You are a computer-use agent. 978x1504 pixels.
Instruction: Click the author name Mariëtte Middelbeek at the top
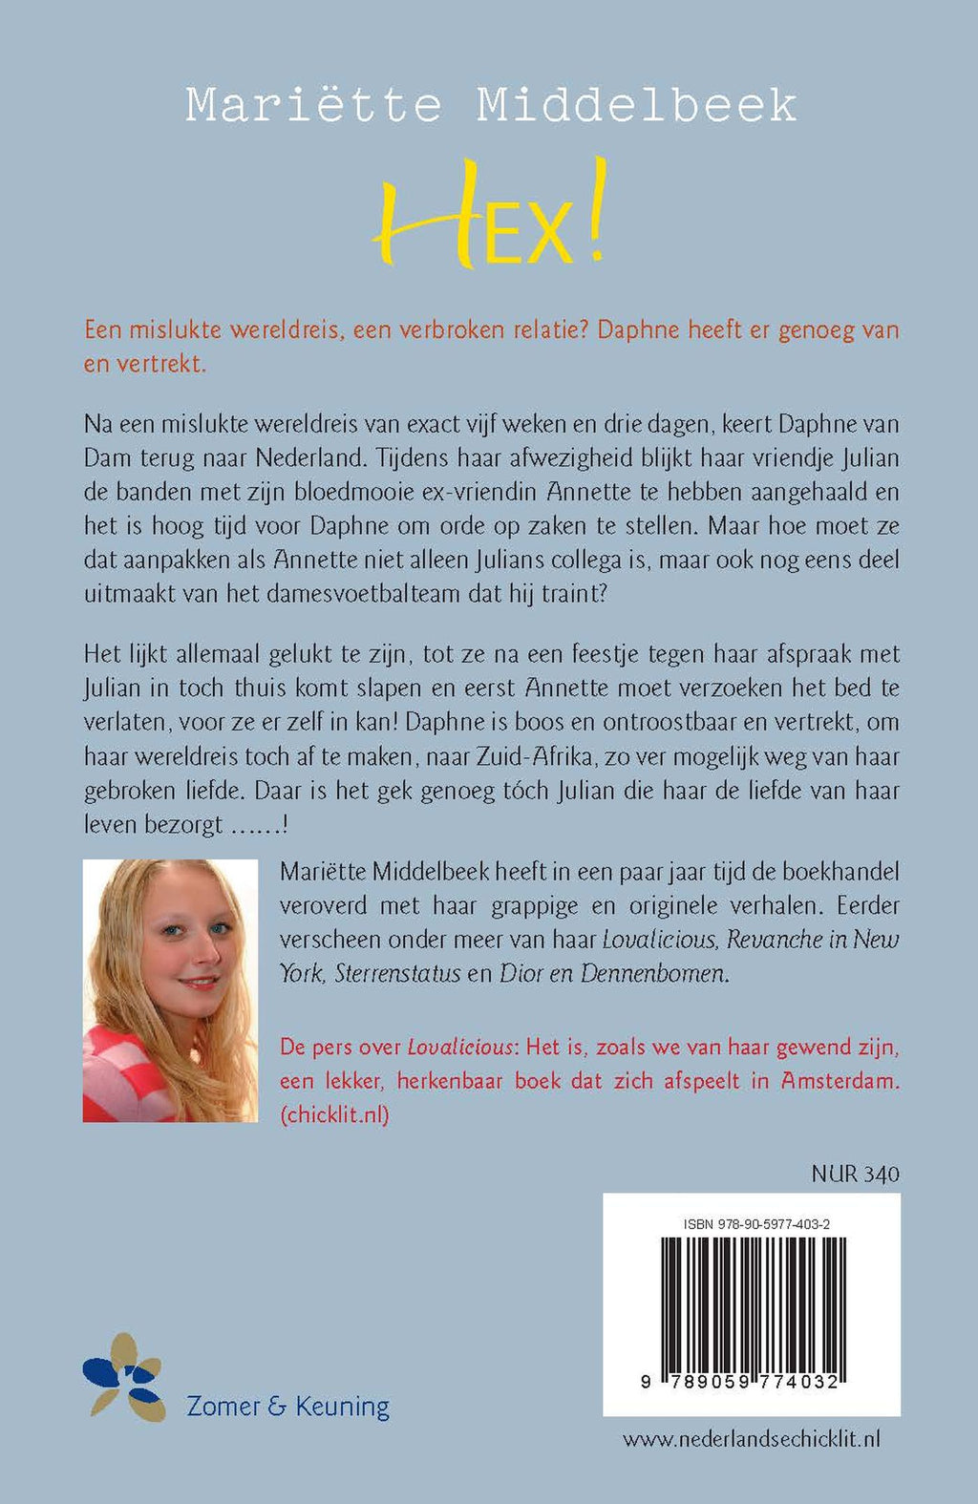(491, 105)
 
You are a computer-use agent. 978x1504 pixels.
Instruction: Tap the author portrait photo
(170, 990)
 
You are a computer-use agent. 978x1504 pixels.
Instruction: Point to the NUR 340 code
(855, 1174)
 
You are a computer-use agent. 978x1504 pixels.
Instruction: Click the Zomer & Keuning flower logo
(124, 1377)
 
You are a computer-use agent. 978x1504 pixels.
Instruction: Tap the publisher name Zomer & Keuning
(287, 1407)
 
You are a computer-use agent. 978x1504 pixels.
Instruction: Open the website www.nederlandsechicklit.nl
(751, 1439)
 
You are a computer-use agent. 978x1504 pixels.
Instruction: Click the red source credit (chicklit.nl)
(334, 1114)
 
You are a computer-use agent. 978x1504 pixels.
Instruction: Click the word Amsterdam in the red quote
(840, 1080)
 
